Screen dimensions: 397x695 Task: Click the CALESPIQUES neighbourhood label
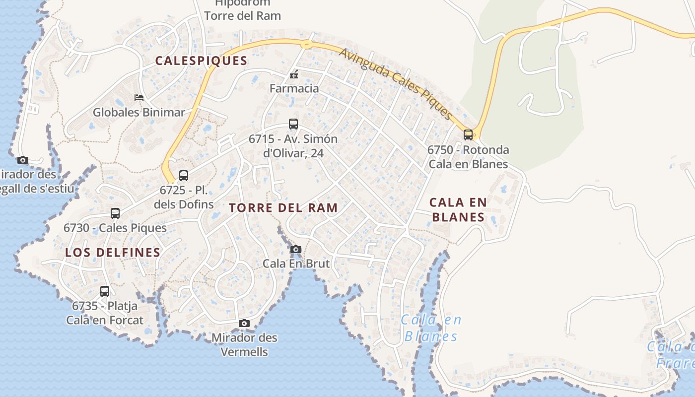click(x=201, y=61)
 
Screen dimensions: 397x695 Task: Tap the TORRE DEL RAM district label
click(x=283, y=207)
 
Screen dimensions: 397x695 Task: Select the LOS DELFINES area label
click(x=113, y=252)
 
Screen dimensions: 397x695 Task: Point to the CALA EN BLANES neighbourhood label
click(x=458, y=209)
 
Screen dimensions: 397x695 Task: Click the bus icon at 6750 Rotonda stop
click(x=468, y=134)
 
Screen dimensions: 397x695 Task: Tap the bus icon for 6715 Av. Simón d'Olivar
click(x=293, y=124)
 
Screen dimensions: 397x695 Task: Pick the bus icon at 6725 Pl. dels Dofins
click(x=184, y=175)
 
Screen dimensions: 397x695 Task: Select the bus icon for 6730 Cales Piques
click(x=115, y=213)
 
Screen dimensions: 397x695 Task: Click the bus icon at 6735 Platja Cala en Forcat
click(x=105, y=291)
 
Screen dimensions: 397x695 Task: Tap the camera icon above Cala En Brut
click(x=296, y=249)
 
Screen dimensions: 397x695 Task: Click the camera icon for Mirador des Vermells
click(x=244, y=324)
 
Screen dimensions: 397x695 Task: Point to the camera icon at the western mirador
click(x=22, y=160)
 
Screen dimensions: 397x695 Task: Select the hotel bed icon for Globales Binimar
click(x=139, y=97)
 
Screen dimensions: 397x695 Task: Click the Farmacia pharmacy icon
click(x=294, y=75)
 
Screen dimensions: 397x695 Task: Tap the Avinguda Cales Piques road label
click(x=396, y=83)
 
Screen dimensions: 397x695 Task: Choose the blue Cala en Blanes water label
click(x=431, y=328)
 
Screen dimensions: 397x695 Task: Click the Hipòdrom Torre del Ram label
click(x=242, y=10)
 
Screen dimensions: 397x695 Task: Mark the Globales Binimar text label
click(x=139, y=112)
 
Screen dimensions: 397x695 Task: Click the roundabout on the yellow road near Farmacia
click(x=306, y=44)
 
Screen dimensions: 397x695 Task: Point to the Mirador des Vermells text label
click(x=244, y=344)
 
